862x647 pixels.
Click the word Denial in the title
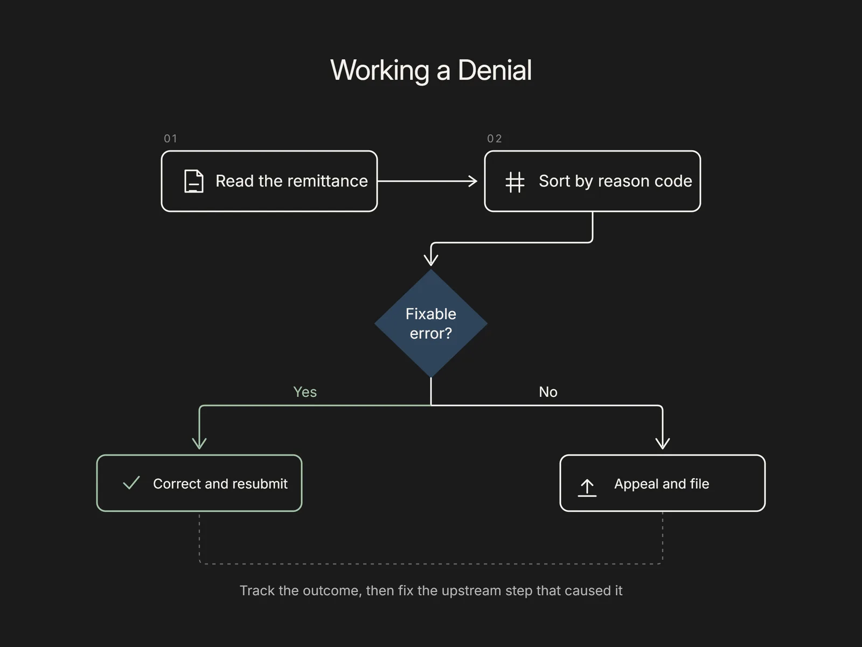[495, 70]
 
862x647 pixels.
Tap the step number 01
[170, 139]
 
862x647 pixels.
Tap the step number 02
[495, 139]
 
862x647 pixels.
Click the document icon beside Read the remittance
[194, 181]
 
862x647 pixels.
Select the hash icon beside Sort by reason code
[515, 182]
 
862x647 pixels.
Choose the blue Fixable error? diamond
[431, 323]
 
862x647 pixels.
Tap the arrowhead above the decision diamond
[431, 260]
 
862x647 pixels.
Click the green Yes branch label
[305, 391]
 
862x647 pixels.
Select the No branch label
[548, 391]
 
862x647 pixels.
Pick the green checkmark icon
[131, 483]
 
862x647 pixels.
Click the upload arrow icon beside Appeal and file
[587, 487]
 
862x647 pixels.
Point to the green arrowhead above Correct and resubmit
[199, 443]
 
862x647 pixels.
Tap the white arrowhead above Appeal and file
[663, 443]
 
